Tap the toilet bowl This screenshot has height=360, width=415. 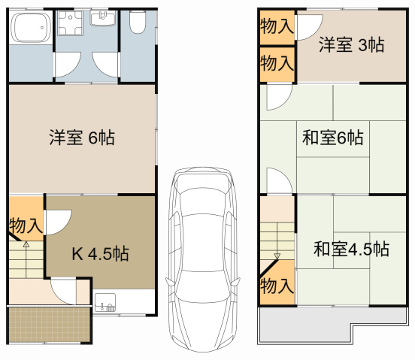click(x=137, y=25)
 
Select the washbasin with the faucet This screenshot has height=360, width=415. click(x=102, y=17)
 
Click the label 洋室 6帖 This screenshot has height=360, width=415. click(x=82, y=138)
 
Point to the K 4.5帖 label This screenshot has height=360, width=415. click(x=99, y=254)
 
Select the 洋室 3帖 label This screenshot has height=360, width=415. click(x=350, y=45)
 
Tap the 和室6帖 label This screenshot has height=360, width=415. click(x=333, y=138)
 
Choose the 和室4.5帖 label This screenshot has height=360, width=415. click(x=350, y=248)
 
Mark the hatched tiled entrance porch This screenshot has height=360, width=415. click(x=49, y=324)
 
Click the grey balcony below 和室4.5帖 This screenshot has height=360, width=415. click(x=331, y=326)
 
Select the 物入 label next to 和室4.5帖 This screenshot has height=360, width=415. click(x=276, y=285)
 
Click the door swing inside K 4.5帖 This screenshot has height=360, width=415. click(x=56, y=222)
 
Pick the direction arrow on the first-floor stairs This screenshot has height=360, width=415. click(x=26, y=244)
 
